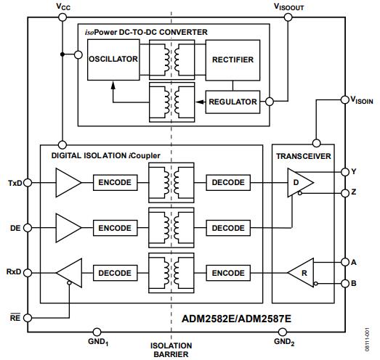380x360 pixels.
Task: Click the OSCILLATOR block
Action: (113, 59)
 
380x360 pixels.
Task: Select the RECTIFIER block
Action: (233, 59)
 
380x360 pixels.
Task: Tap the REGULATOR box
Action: (233, 102)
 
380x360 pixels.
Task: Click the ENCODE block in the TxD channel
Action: (114, 183)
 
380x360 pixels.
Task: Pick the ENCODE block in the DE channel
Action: (114, 228)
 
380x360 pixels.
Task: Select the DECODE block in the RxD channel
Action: (114, 273)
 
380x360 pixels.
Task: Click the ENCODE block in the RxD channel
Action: (227, 273)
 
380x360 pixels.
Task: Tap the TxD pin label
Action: (15, 183)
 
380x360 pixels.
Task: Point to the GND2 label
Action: (285, 340)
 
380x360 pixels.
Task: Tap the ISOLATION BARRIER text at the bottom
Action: (171, 350)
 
